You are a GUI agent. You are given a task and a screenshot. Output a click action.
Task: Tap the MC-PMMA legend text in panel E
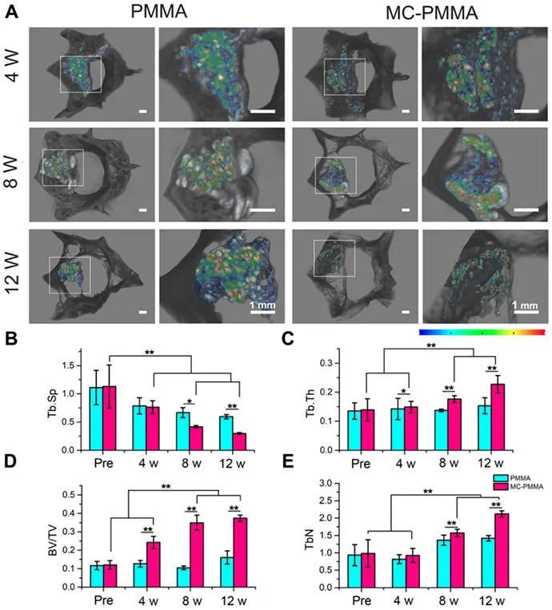(x=515, y=487)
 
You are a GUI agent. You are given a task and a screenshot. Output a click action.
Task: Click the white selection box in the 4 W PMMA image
(x=80, y=74)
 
